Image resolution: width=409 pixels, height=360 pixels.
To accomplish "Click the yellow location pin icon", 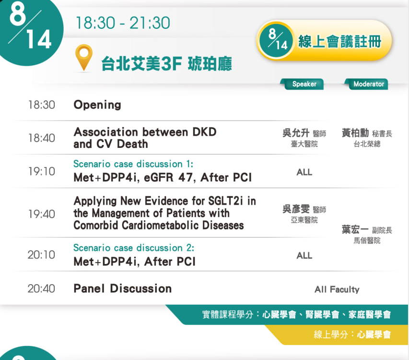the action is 84,57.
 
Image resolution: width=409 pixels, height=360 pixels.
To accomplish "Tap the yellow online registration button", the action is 324,40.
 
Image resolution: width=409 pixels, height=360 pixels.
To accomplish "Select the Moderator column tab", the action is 366,84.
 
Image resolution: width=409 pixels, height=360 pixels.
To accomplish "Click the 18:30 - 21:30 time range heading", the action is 123,23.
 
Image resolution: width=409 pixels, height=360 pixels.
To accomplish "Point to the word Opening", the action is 97,105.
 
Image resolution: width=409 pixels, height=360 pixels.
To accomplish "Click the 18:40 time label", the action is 41,138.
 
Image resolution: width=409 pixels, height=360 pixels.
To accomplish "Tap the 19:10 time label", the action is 41,171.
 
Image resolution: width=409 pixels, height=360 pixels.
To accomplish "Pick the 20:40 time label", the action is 41,289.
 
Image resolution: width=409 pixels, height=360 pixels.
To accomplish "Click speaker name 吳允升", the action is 296,133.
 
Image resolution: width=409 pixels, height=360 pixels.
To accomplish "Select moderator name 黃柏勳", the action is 355,133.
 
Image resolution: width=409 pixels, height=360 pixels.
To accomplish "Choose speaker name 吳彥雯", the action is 296,209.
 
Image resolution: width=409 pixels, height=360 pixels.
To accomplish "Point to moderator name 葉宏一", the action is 355,230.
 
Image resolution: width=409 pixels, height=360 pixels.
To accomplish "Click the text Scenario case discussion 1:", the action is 133,164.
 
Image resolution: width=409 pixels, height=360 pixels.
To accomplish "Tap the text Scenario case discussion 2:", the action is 134,248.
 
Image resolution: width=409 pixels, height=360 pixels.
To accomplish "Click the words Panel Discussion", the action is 123,288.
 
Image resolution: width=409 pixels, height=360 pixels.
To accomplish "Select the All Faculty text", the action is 337,289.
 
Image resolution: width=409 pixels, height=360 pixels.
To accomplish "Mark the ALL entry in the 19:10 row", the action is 304,172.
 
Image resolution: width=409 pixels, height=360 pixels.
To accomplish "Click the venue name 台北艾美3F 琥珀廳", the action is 166,64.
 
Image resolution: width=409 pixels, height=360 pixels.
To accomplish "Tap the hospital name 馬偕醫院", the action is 367,240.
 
